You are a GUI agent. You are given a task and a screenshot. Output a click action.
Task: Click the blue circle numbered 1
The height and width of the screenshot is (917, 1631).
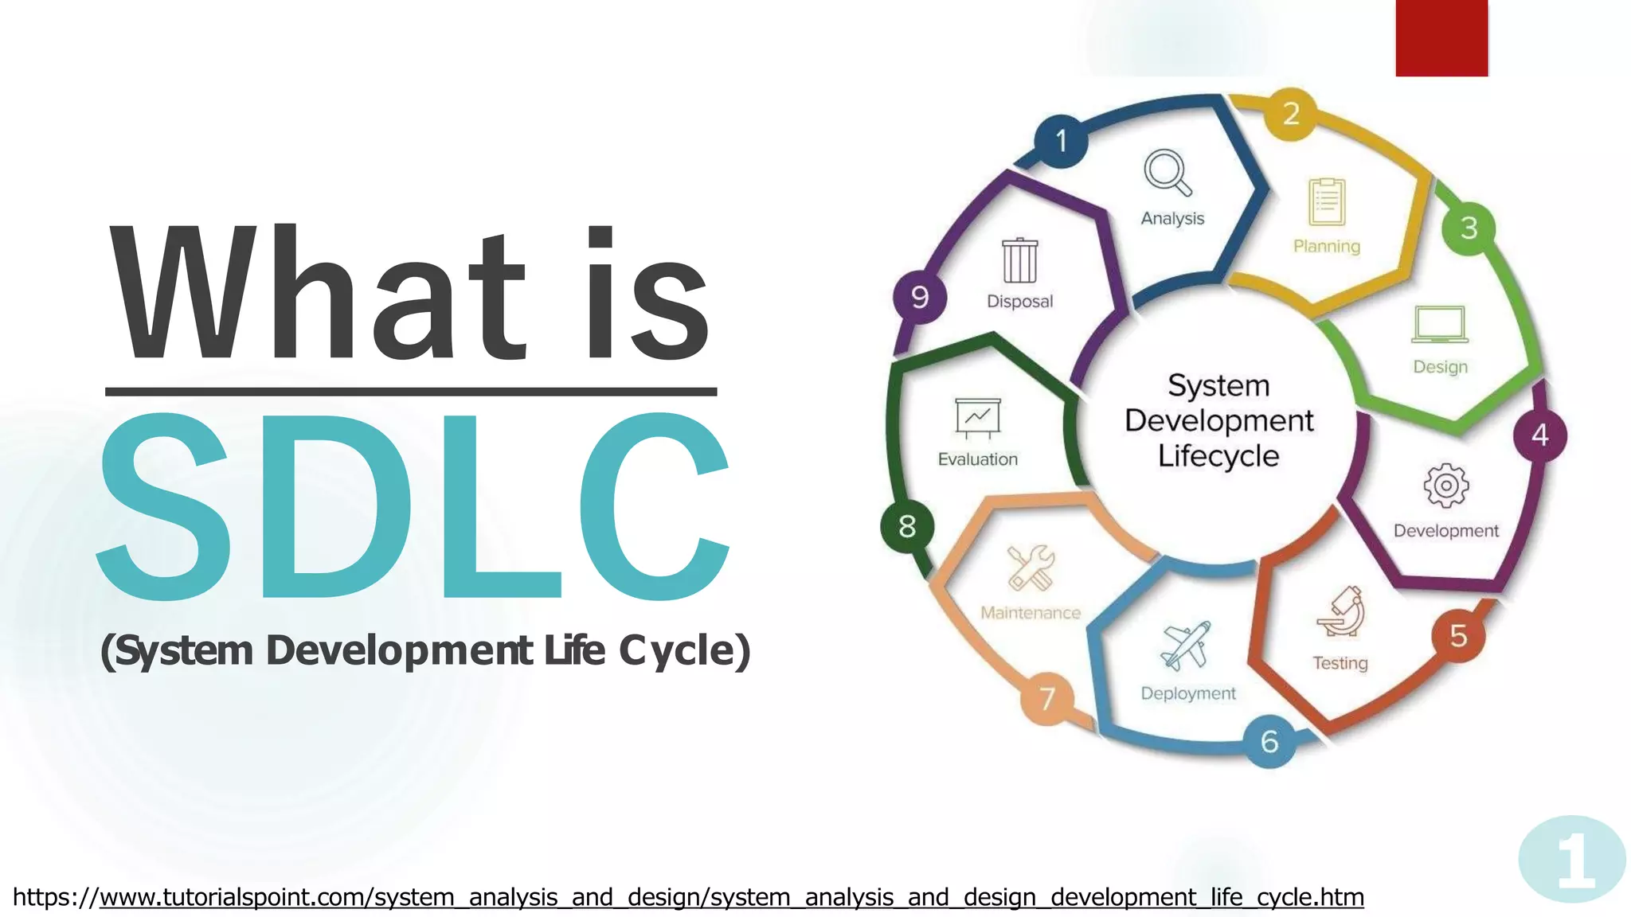point(1061,141)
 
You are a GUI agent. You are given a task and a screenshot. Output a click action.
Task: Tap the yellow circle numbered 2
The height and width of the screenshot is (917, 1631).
point(1290,114)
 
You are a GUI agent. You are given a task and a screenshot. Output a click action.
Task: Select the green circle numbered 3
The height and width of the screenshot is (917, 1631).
point(1469,228)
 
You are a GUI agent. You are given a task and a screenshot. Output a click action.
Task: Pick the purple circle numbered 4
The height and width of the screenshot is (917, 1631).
point(1539,435)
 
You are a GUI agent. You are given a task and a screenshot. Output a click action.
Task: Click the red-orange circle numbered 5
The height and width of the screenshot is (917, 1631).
point(1458,635)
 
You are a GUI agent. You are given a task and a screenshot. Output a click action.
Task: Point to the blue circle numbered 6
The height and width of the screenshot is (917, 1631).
point(1269,741)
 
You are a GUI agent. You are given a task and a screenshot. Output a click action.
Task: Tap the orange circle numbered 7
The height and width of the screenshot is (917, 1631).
point(1047,698)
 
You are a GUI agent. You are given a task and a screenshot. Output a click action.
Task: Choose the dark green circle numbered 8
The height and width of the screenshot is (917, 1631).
point(907,525)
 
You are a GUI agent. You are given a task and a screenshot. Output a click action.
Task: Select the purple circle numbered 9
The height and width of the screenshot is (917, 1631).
point(920,297)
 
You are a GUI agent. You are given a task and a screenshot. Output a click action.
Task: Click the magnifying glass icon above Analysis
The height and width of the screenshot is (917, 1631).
point(1168,172)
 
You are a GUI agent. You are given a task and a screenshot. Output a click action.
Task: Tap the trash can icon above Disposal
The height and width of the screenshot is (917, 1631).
point(1019,260)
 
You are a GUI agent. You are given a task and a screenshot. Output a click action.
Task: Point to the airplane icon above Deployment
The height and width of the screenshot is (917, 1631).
point(1186,646)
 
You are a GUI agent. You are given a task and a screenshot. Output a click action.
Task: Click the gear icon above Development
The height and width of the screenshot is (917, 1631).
point(1445,485)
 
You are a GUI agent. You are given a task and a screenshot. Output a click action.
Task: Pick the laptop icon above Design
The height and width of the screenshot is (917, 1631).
point(1440,325)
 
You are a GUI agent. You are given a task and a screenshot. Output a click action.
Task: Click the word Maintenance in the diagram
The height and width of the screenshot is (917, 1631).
point(1031,613)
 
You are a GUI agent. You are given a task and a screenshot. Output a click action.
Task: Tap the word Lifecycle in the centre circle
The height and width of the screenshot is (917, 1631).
point(1218,456)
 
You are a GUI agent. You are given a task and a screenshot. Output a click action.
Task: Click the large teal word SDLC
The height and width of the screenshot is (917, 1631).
point(413,506)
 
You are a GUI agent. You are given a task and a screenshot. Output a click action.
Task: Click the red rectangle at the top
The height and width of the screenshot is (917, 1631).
point(1441,37)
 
